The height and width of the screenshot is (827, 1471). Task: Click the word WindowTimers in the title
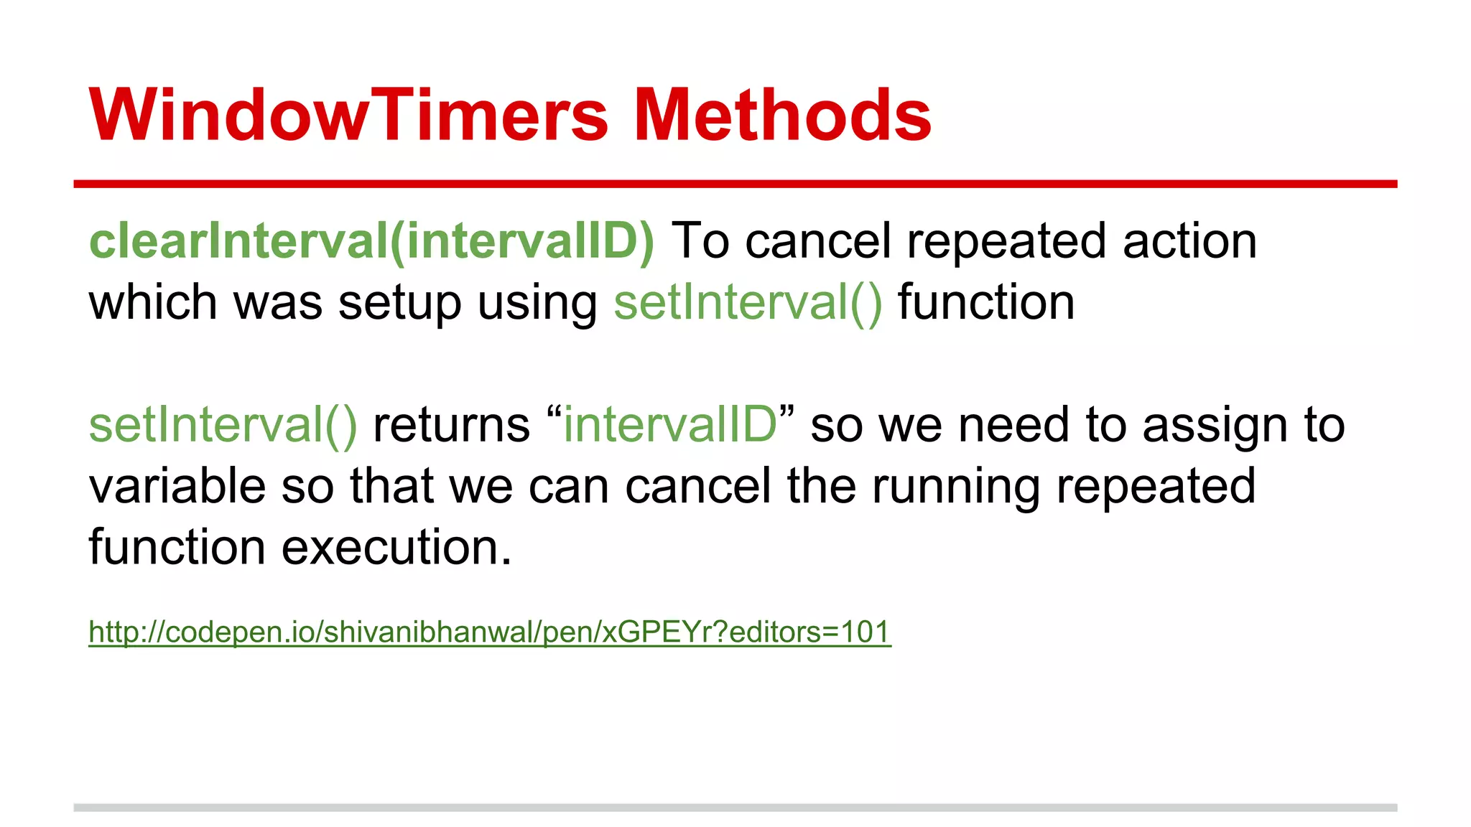pos(348,115)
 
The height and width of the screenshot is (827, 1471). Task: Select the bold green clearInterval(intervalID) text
pos(371,241)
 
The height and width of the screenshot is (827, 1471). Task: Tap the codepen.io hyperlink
pos(489,632)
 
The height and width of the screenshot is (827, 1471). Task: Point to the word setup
pos(399,303)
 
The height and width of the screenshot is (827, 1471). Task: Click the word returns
pos(451,425)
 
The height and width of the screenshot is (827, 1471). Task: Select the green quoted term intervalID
pos(669,425)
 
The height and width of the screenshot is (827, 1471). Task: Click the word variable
pos(177,487)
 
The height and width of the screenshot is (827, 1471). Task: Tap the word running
pos(955,487)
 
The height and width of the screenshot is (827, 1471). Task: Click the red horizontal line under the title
pos(735,184)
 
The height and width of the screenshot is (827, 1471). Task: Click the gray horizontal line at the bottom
pos(735,808)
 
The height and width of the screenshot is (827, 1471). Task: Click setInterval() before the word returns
pos(223,425)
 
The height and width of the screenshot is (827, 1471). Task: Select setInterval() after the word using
pos(747,303)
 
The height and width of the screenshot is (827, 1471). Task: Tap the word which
pos(153,303)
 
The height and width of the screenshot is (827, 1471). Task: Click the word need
pos(1013,425)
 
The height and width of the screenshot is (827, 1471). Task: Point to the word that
pos(391,487)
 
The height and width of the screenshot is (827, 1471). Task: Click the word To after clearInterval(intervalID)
pos(700,241)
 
